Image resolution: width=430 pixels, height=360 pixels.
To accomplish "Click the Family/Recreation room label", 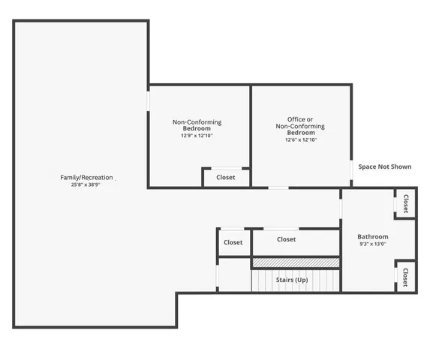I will click(x=86, y=178).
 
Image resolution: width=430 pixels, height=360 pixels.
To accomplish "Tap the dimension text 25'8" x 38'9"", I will click(x=86, y=184).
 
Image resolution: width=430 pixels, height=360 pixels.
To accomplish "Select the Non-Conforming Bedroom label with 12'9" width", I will click(x=197, y=125).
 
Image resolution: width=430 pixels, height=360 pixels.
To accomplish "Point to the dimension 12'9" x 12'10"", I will click(x=197, y=136).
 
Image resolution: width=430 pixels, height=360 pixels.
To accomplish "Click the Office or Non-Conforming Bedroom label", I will click(x=301, y=125).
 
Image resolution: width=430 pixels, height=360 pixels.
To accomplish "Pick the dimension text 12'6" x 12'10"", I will click(x=301, y=139).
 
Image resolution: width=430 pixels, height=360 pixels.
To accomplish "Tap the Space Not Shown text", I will click(x=384, y=166).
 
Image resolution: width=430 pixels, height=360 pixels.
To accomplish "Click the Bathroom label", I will click(x=373, y=236).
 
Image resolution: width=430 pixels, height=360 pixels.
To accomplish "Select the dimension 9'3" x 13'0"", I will click(x=373, y=244).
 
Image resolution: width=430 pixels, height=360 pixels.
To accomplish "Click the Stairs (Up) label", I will click(x=292, y=280).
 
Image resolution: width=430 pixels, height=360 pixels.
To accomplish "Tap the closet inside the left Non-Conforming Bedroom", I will click(x=226, y=178).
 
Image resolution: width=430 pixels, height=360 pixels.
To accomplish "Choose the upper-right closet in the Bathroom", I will click(x=405, y=204).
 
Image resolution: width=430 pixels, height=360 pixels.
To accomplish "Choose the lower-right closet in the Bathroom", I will click(x=405, y=277).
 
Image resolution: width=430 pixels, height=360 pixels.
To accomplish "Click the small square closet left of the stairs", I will click(x=233, y=242).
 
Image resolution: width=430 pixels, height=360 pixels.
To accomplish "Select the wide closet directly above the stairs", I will click(x=286, y=240).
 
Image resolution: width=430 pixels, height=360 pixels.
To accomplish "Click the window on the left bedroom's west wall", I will click(x=148, y=100).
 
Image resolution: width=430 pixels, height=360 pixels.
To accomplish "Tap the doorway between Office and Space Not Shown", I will click(x=351, y=170).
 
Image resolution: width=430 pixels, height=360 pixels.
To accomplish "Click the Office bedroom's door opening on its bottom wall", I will click(x=278, y=187).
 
